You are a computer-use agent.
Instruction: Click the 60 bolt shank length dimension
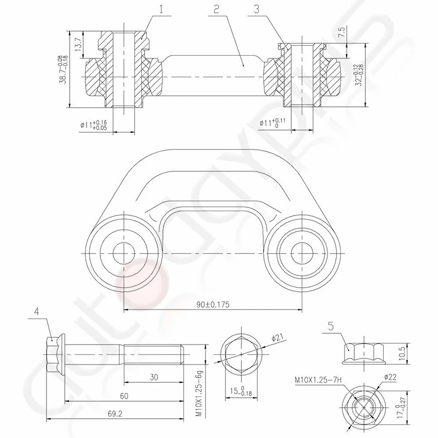tap(124, 396)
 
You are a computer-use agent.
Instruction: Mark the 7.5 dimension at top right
tap(342, 33)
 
